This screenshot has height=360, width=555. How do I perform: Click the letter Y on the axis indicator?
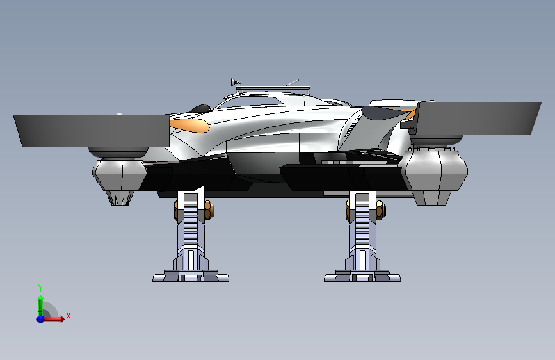(x=40, y=288)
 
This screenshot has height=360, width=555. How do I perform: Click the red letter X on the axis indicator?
(x=68, y=316)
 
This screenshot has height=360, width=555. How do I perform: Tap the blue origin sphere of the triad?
(x=41, y=319)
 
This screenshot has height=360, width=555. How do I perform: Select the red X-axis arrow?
(x=54, y=319)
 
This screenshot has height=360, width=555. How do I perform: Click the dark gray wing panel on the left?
(x=92, y=131)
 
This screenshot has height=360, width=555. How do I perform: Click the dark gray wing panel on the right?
(x=478, y=119)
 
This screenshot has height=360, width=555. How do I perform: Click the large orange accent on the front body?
(x=189, y=125)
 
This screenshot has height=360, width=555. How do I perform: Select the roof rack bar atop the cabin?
(x=273, y=88)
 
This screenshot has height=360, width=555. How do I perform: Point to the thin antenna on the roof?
(x=293, y=83)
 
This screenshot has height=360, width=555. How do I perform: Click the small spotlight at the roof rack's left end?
(x=235, y=83)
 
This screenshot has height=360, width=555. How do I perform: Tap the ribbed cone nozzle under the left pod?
(x=120, y=198)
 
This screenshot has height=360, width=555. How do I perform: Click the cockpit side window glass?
(x=248, y=102)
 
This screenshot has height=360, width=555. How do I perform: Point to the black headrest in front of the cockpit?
(x=200, y=108)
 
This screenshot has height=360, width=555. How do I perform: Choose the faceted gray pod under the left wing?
(x=120, y=176)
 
